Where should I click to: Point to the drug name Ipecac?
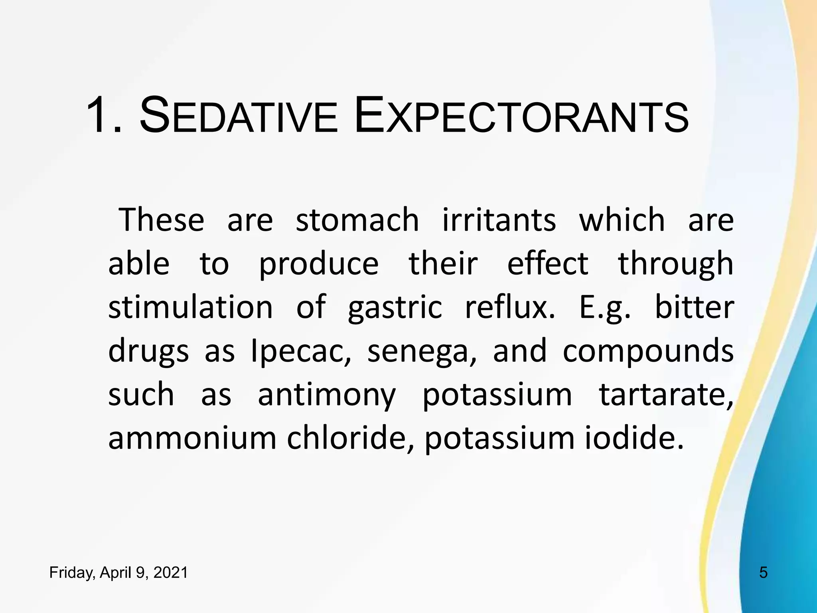point(301,352)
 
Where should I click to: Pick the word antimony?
point(326,396)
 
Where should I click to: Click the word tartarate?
point(666,396)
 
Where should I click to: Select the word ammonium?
point(192,439)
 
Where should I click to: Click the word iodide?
point(634,439)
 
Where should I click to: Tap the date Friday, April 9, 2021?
point(118,573)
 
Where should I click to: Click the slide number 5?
point(763,573)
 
